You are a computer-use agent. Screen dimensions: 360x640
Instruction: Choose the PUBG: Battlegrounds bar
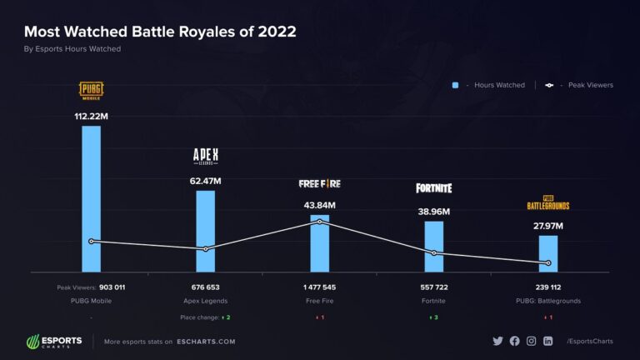point(547,253)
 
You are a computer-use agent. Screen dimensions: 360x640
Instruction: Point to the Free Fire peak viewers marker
point(319,222)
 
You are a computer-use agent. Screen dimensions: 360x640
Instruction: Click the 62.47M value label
point(205,180)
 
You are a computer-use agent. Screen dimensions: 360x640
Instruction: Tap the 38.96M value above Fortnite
point(434,211)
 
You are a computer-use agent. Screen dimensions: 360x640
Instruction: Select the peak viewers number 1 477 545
point(319,287)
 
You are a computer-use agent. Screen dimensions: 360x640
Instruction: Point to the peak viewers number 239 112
point(547,287)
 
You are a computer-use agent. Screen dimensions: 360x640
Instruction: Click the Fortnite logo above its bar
point(434,188)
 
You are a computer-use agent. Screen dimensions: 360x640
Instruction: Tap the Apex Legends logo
point(205,156)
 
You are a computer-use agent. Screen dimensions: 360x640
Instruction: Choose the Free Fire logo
point(319,183)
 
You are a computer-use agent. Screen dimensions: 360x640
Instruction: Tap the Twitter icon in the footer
point(498,341)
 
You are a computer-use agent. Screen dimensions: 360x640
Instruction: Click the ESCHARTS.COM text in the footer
point(205,342)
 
